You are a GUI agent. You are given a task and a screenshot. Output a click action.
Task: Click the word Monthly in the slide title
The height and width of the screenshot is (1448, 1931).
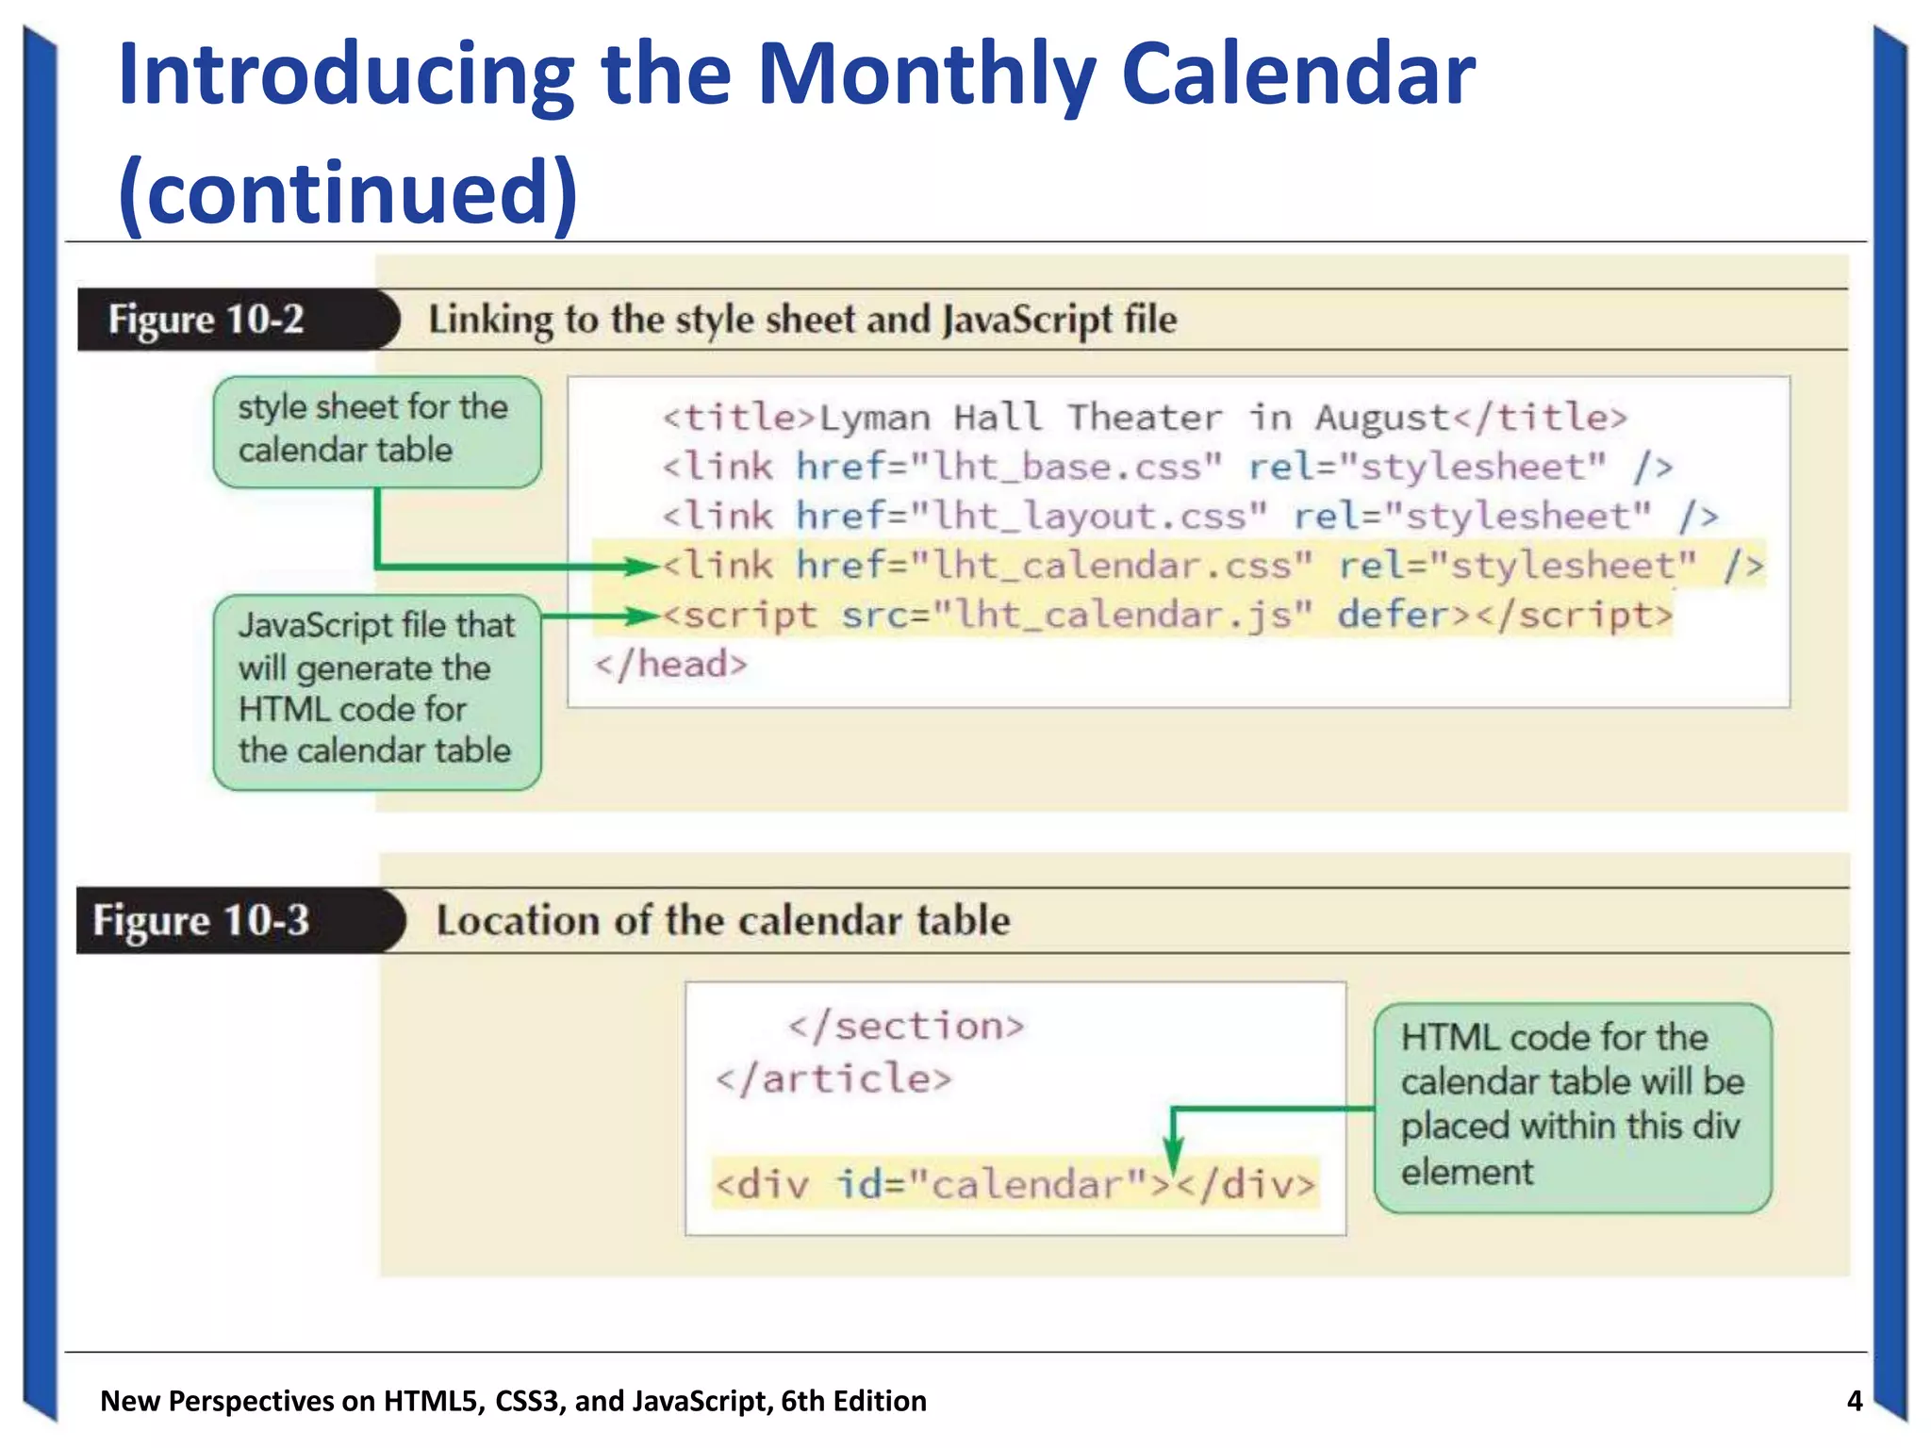(x=926, y=75)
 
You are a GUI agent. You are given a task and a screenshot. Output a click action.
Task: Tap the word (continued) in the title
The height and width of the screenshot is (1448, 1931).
(x=348, y=191)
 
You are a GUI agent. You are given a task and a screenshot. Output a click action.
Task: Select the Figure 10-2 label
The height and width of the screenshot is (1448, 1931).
(x=206, y=320)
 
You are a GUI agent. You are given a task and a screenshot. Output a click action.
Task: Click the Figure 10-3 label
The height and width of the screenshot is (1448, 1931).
(x=201, y=920)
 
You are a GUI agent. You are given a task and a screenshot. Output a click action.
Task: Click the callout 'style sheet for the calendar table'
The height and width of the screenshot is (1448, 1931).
(x=376, y=431)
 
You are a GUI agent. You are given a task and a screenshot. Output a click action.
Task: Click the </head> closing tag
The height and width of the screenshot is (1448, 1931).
(x=670, y=665)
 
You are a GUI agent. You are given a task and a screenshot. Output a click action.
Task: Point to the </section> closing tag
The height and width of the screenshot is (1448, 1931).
(x=906, y=1026)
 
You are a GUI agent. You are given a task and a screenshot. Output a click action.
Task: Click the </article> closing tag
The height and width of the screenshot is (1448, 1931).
(x=833, y=1078)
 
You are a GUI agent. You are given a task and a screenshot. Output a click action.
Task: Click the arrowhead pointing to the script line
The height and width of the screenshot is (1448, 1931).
(x=642, y=617)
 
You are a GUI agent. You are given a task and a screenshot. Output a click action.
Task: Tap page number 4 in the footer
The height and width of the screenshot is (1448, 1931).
(x=1854, y=1401)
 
